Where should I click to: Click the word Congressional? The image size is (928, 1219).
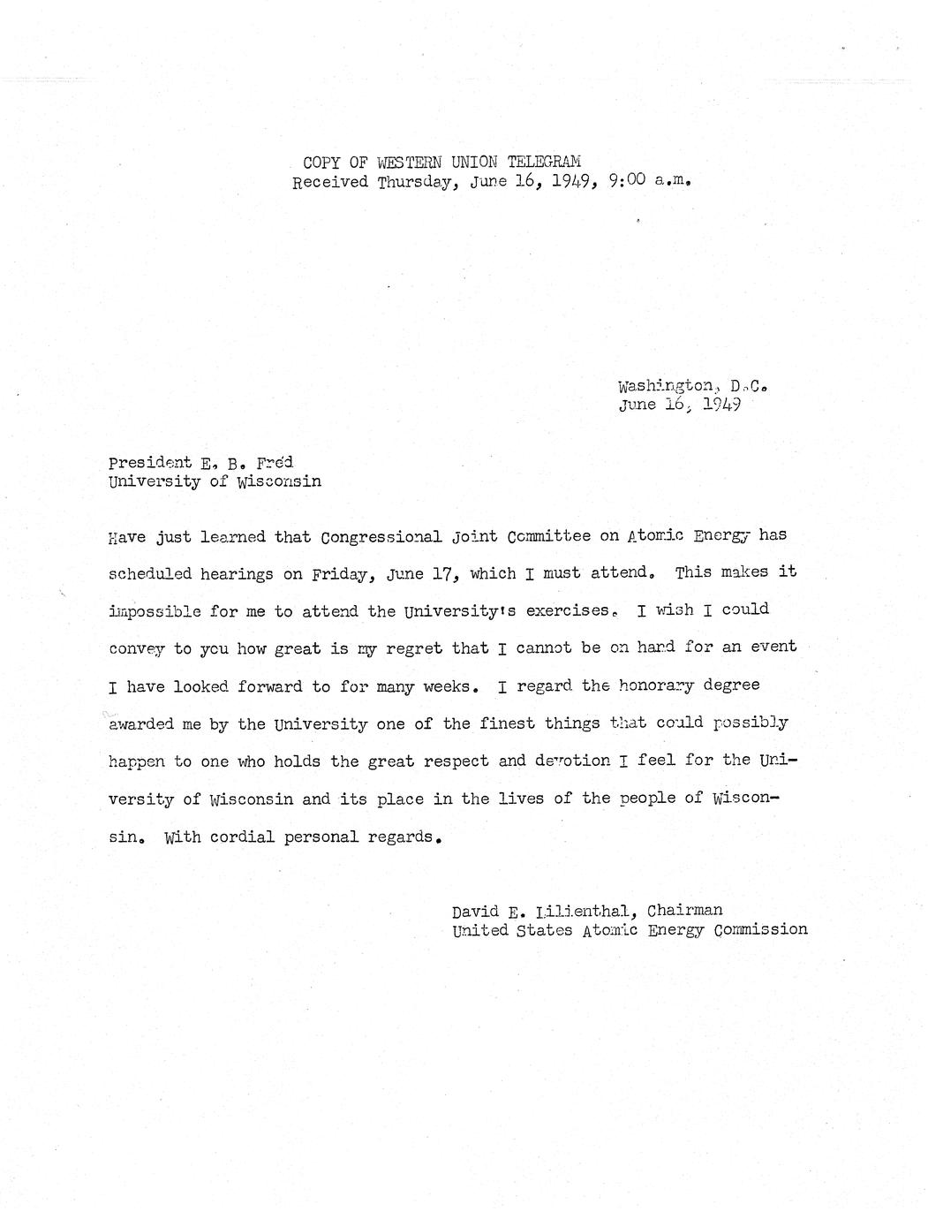[392, 536]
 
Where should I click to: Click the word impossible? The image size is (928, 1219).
[155, 611]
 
